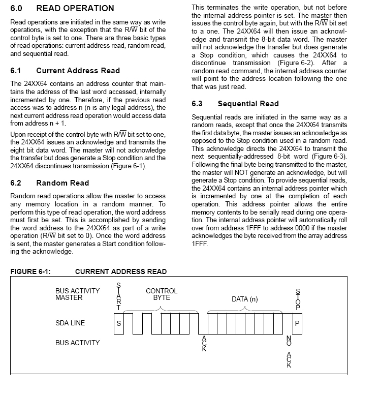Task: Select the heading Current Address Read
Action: click(78, 71)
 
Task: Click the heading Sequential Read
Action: click(248, 104)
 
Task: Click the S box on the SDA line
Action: click(119, 323)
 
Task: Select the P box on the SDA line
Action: click(298, 323)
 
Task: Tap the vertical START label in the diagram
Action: click(119, 296)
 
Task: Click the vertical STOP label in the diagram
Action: click(298, 299)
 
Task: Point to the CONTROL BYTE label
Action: click(162, 294)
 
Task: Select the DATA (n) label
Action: click(245, 299)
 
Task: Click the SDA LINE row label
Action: click(70, 323)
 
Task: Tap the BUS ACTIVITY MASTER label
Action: click(77, 294)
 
